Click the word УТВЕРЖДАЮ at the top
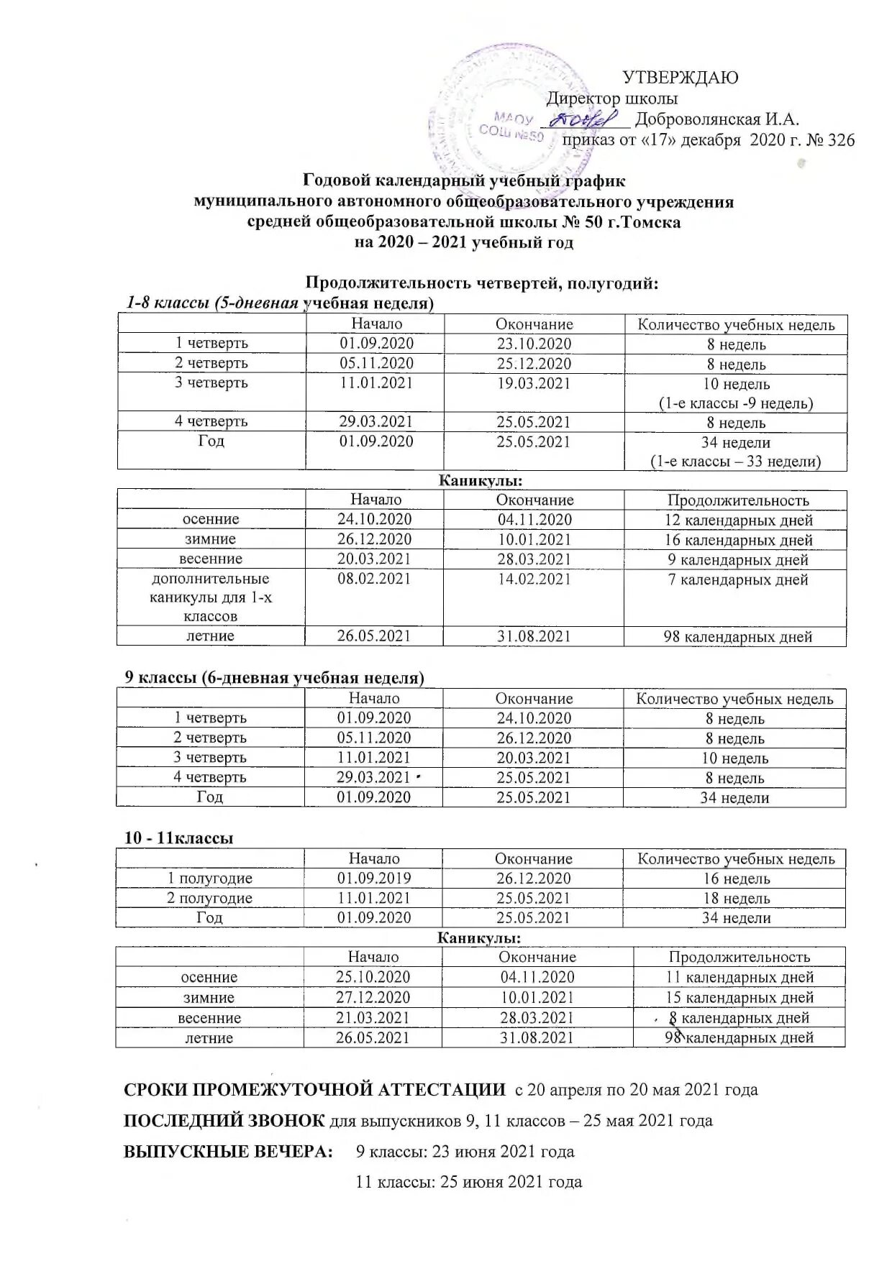[680, 78]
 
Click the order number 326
[841, 140]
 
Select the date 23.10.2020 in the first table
[534, 344]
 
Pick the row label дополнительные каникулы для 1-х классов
[211, 597]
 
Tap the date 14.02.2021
[534, 579]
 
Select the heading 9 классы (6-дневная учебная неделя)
[274, 677]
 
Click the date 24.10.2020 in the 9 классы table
[534, 718]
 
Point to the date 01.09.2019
[374, 879]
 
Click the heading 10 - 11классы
[178, 838]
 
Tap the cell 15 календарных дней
[739, 998]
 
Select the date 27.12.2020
[373, 998]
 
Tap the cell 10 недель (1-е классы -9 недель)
[736, 393]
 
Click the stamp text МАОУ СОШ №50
[512, 126]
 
